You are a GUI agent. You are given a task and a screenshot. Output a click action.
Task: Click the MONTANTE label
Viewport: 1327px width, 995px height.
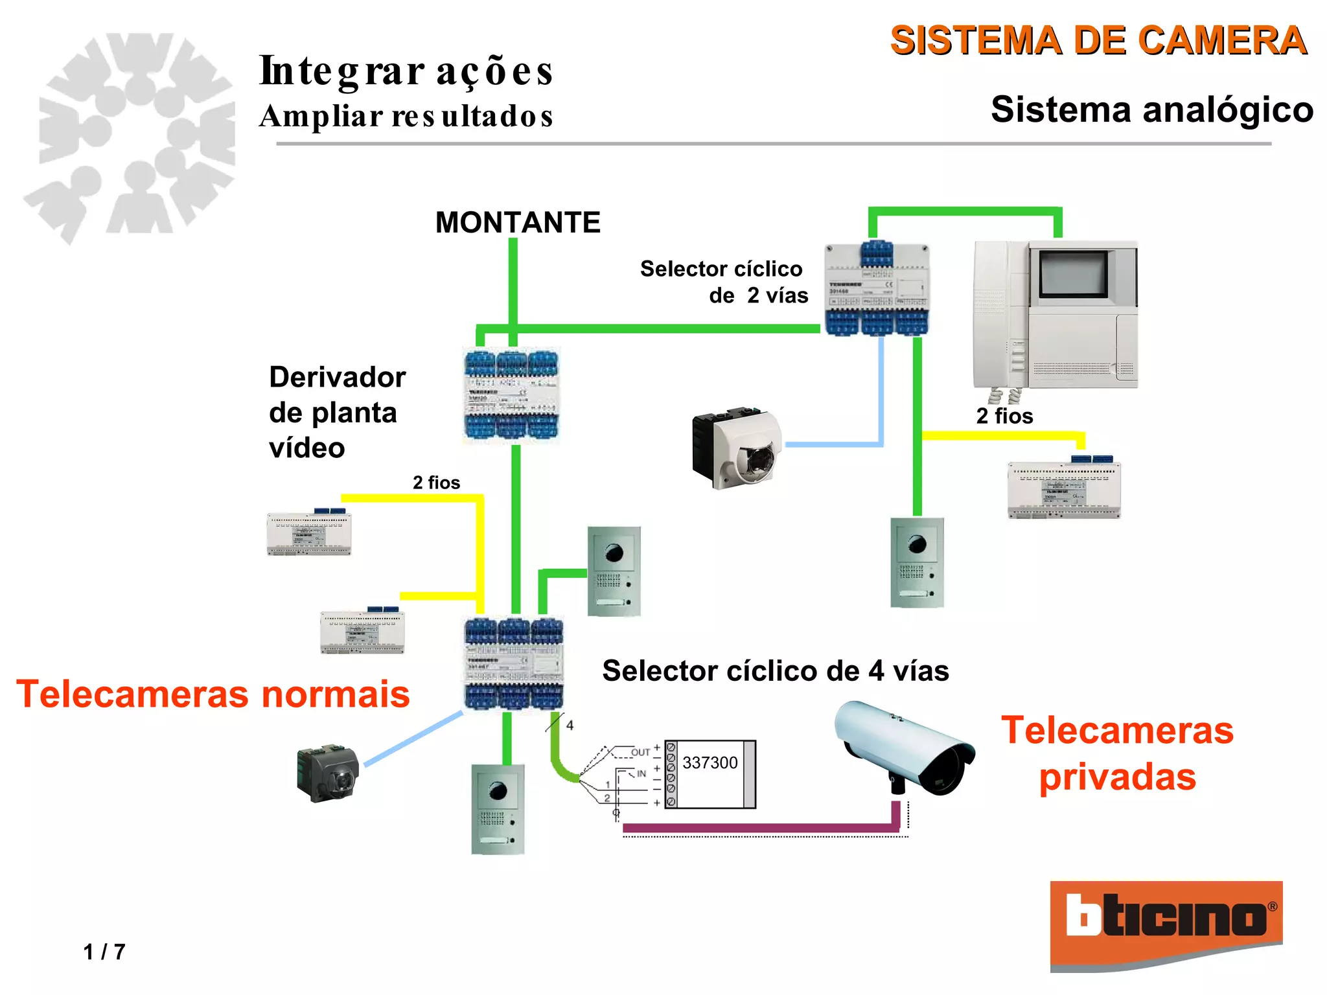point(518,223)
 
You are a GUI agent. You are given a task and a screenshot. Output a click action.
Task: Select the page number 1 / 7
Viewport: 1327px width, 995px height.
point(104,952)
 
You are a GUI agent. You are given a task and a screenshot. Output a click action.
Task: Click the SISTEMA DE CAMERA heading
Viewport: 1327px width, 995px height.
point(1098,40)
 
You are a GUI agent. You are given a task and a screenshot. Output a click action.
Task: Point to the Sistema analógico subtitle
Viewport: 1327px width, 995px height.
point(1151,109)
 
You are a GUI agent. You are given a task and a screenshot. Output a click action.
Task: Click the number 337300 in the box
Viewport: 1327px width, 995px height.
point(710,763)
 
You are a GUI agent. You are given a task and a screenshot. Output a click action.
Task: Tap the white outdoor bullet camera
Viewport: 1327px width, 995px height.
point(905,748)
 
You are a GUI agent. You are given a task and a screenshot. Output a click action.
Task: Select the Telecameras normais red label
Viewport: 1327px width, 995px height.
point(213,694)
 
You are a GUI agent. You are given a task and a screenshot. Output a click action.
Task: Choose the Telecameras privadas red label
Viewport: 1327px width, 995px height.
point(1117,753)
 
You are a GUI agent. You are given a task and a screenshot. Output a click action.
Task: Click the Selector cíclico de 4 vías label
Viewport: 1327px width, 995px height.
point(775,670)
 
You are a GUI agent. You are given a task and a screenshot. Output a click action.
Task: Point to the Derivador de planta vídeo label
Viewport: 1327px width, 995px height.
point(337,413)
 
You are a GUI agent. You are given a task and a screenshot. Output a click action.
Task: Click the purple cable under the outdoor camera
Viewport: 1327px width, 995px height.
point(758,827)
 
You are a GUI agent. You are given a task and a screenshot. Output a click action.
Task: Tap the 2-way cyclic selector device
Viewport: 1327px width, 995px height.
point(876,289)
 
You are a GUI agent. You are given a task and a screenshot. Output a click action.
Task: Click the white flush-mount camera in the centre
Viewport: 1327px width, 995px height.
point(737,446)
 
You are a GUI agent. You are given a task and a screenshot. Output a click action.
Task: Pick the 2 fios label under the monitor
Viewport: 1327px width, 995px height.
point(1004,416)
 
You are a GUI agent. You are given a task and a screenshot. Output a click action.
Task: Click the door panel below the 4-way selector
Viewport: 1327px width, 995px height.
point(498,809)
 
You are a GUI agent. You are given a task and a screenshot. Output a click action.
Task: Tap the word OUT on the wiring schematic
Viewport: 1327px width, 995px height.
point(640,752)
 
